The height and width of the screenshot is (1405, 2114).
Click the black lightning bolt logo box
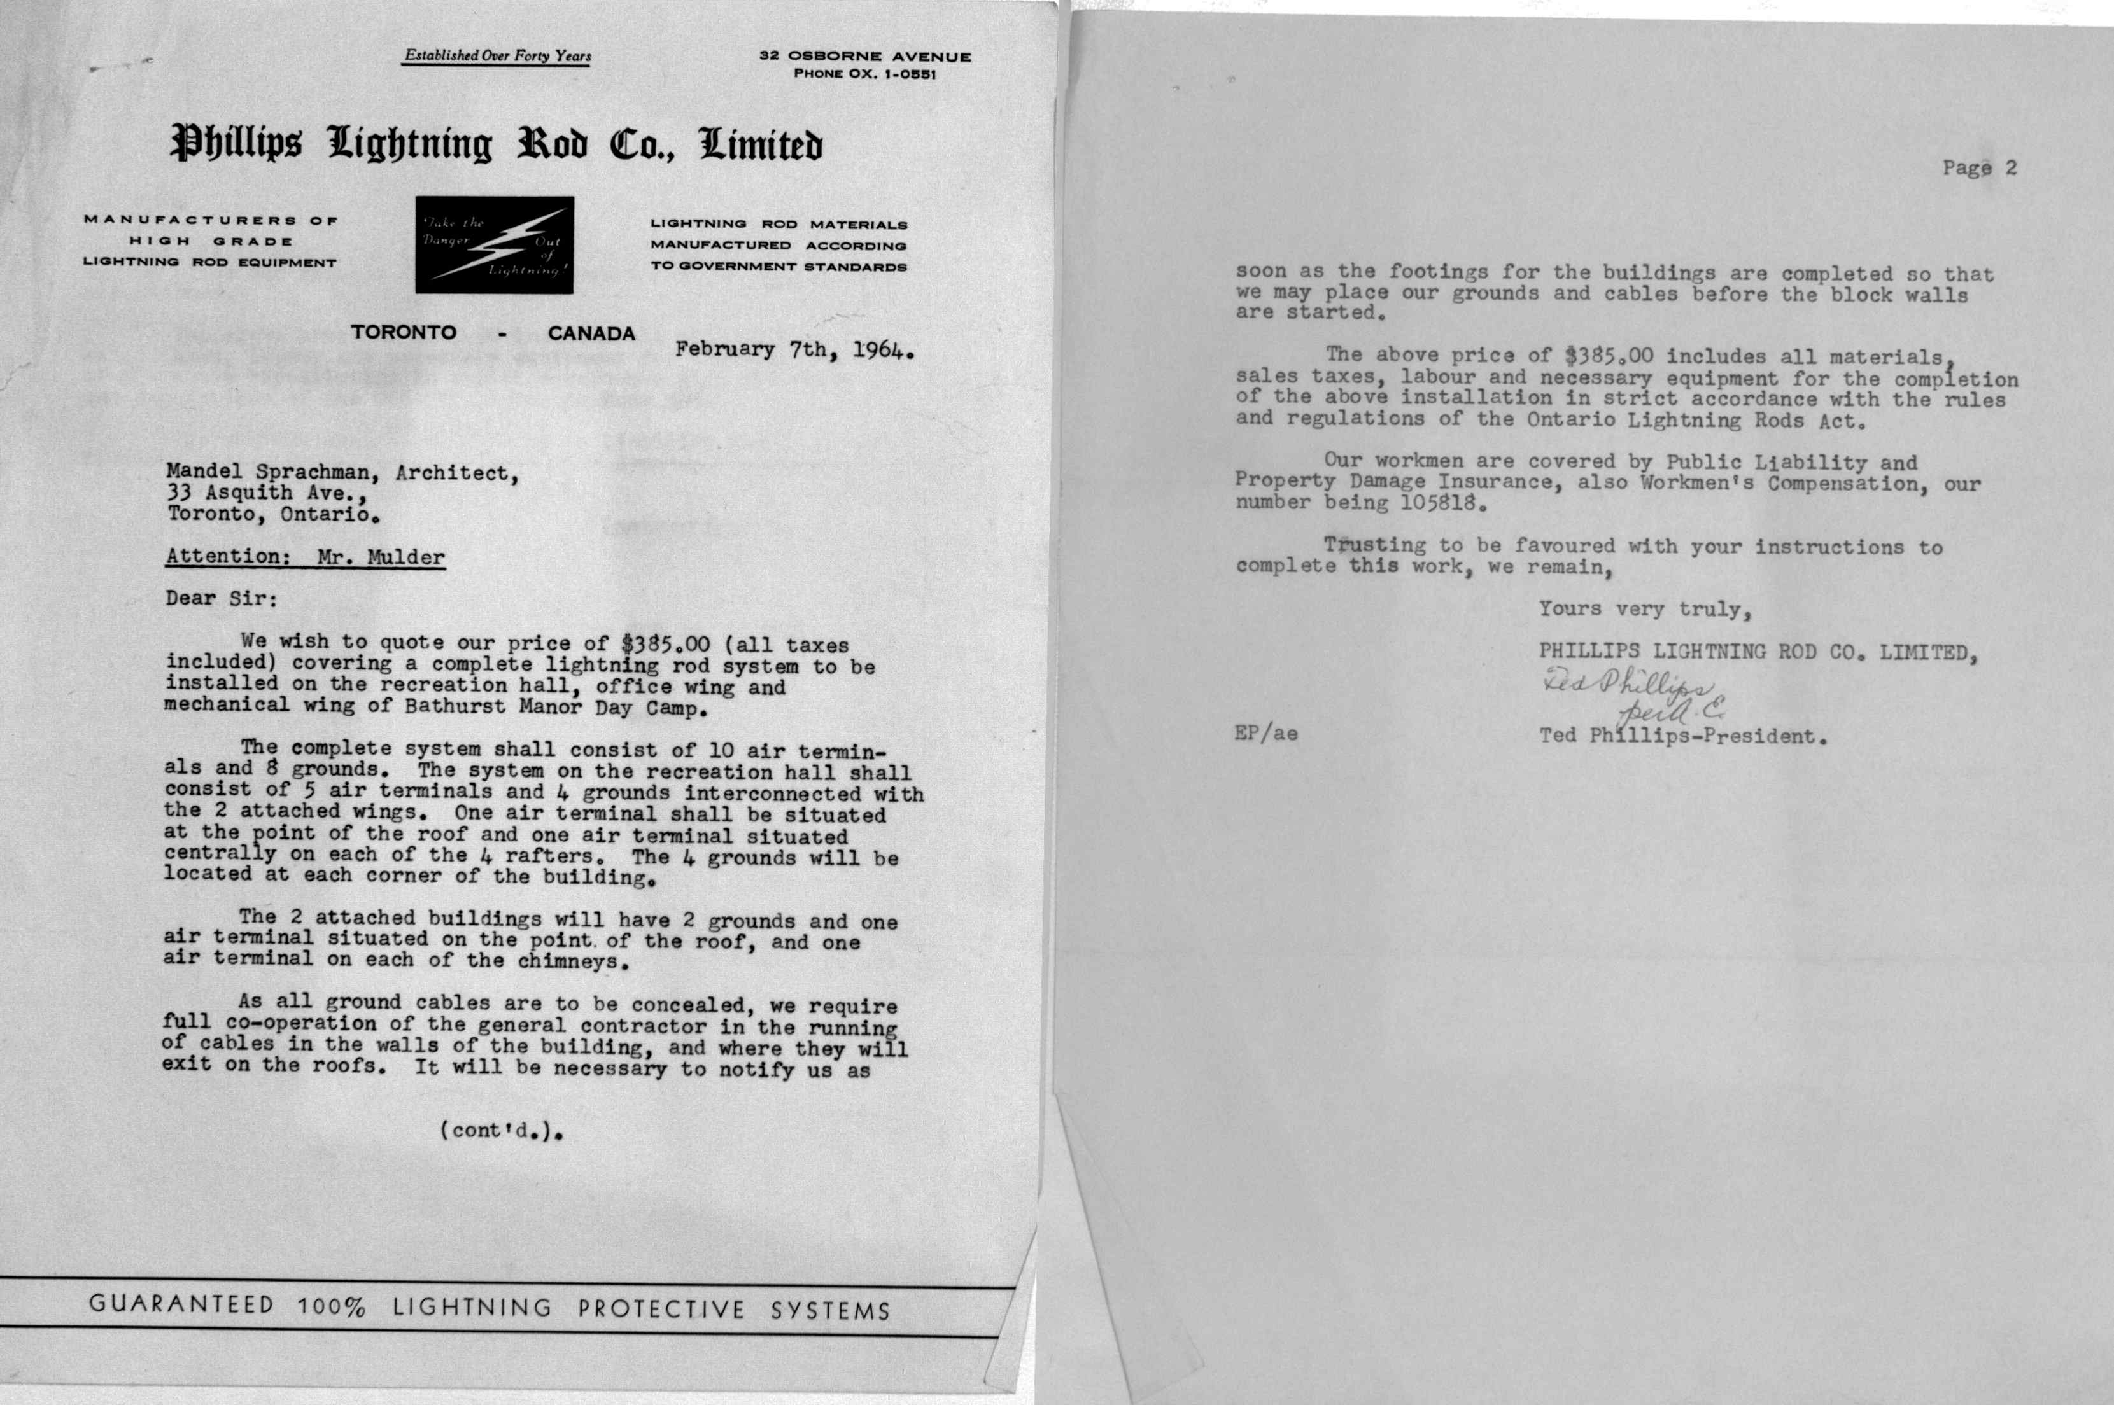pos(494,244)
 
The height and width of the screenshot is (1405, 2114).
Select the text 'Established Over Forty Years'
pos(497,55)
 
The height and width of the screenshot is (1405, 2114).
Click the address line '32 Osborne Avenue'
pos(865,55)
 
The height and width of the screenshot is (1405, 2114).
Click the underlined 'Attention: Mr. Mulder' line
pos(305,557)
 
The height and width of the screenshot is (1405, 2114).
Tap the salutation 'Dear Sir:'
pos(222,599)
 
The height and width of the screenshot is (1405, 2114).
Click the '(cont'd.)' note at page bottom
pos(504,1131)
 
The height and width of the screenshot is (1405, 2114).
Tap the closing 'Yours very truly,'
pos(1644,610)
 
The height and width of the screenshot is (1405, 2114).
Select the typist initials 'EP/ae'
pos(1265,735)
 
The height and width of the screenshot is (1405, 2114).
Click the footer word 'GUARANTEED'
pos(182,1304)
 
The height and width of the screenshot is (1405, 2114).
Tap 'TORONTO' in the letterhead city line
pos(404,332)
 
